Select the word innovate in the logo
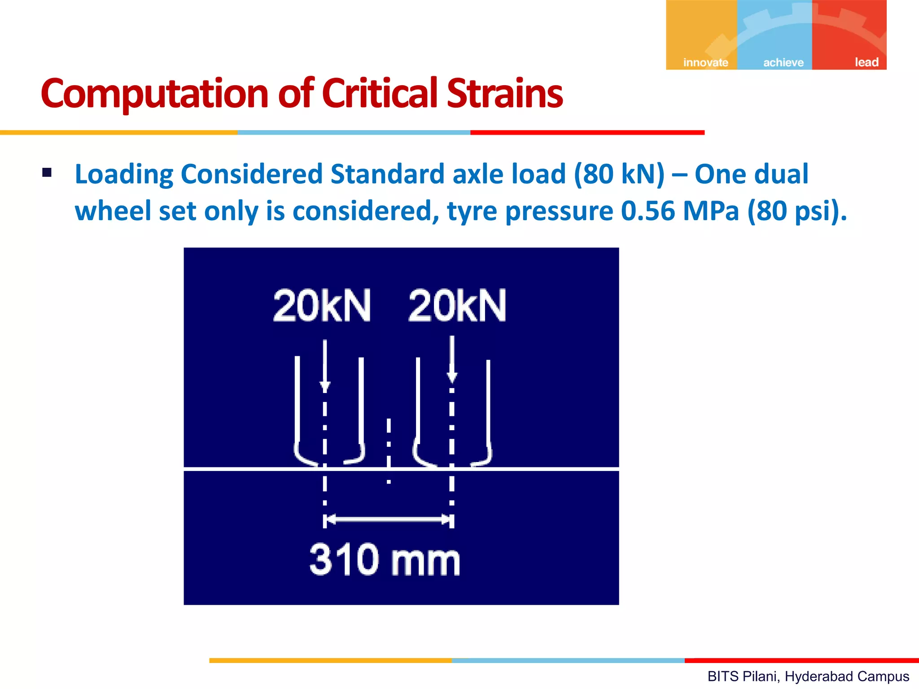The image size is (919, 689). click(x=705, y=62)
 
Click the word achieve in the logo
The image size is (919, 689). click(x=783, y=62)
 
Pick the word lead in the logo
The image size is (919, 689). click(x=866, y=62)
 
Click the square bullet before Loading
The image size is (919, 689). click(x=47, y=173)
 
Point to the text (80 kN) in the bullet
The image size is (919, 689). click(x=619, y=174)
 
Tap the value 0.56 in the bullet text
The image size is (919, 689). click(x=648, y=211)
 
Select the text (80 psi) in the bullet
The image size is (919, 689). click(x=796, y=211)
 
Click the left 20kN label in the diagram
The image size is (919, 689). click(x=322, y=306)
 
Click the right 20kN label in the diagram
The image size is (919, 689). click(x=457, y=306)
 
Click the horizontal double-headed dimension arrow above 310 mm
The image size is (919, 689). click(x=389, y=520)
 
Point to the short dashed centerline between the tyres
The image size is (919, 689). click(x=389, y=449)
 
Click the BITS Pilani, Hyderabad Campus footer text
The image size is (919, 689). click(x=808, y=676)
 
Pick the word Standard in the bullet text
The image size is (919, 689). click(x=387, y=174)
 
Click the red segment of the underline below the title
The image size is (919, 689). click(x=587, y=133)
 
